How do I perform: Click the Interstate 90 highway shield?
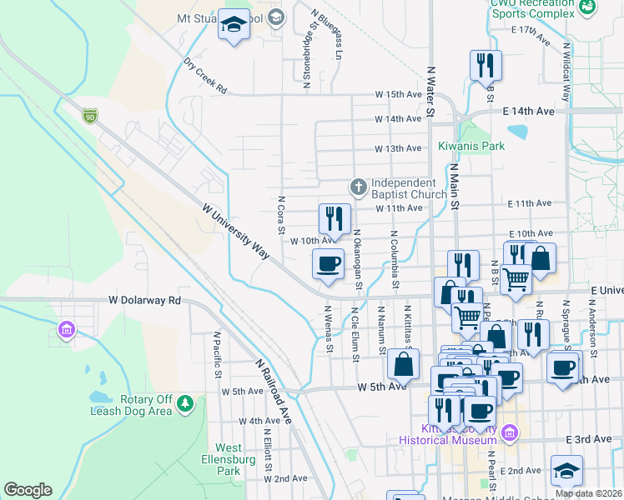pyautogui.click(x=90, y=116)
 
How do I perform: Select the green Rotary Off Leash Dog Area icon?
pyautogui.click(x=184, y=404)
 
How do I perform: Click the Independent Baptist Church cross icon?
pyautogui.click(x=359, y=187)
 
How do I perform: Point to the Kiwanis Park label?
pyautogui.click(x=471, y=146)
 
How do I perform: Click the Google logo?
pyautogui.click(x=28, y=490)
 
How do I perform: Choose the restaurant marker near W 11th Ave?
pyautogui.click(x=334, y=218)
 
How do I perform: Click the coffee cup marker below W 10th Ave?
pyautogui.click(x=328, y=263)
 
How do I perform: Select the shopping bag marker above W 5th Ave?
pyautogui.click(x=404, y=363)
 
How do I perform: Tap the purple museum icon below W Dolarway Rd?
pyautogui.click(x=65, y=331)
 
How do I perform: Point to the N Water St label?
pyautogui.click(x=431, y=92)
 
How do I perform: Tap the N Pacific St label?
pyautogui.click(x=217, y=354)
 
